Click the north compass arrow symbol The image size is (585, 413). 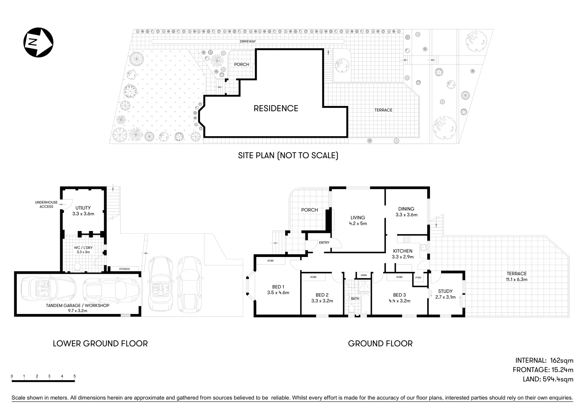pos(38,42)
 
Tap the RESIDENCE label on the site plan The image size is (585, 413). pos(276,109)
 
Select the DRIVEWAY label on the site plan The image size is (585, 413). pos(248,41)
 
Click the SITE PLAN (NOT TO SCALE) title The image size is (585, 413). pos(288,156)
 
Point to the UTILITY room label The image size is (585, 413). pos(83,208)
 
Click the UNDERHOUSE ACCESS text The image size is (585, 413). pos(44,204)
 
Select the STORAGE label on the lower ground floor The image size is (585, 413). pos(124,269)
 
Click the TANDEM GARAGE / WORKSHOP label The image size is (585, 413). pos(78,306)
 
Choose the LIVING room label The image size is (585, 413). pos(358,218)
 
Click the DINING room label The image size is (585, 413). pos(406,209)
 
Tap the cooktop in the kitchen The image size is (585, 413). pos(407,240)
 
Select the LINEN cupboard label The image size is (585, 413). pos(363,275)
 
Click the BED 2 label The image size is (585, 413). pos(322,295)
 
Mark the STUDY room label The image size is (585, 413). pos(445,291)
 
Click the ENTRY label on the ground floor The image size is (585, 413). pos(324,242)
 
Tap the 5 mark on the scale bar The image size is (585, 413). pos(75,376)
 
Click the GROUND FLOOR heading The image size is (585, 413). pos(380,343)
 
